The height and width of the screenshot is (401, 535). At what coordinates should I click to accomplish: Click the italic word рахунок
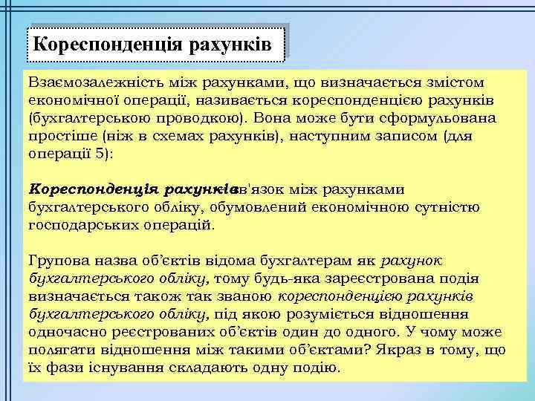[x=412, y=261]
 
